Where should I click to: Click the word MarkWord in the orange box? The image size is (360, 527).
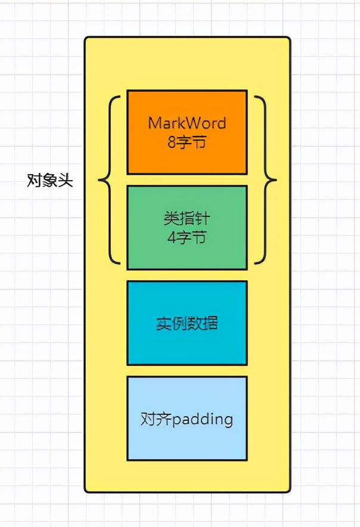[187, 123]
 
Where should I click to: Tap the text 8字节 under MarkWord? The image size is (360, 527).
[187, 142]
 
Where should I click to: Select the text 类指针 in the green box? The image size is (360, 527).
[187, 218]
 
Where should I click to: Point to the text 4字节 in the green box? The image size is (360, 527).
[187, 237]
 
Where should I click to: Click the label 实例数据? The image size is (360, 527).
[187, 323]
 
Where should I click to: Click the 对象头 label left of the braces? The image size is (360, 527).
[50, 181]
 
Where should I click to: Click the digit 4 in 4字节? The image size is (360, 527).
[173, 237]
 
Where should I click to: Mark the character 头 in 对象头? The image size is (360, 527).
[66, 181]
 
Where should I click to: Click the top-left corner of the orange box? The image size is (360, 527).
[128, 91]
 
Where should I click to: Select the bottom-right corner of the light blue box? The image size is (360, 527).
[247, 460]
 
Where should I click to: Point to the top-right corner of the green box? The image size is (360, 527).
[247, 186]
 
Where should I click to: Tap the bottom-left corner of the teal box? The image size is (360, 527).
[128, 364]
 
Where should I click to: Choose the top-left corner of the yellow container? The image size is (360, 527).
[85, 38]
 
